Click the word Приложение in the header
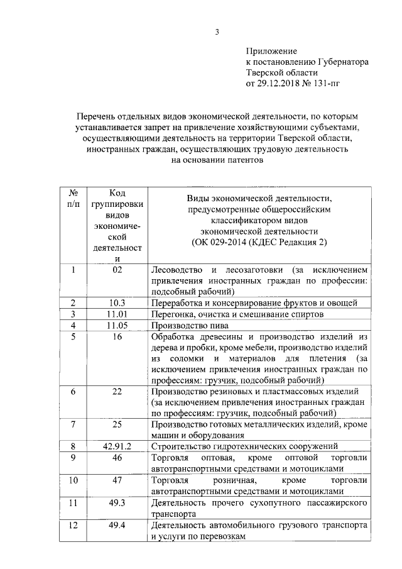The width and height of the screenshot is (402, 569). point(271,51)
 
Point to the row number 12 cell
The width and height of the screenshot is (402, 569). point(73,526)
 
